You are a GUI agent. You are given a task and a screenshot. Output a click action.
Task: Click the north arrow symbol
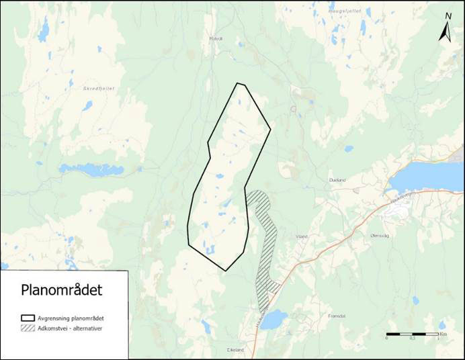coord(445,33)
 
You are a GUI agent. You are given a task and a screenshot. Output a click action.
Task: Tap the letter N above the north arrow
coord(448,16)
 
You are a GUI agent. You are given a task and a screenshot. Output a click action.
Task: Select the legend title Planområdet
coord(61,290)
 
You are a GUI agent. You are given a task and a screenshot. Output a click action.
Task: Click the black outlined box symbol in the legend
coord(28,317)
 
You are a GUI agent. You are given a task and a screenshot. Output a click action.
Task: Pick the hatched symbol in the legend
coord(28,328)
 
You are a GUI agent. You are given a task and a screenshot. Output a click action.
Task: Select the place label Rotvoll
coord(215,38)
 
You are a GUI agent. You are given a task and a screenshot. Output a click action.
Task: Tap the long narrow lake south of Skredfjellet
coord(91,169)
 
